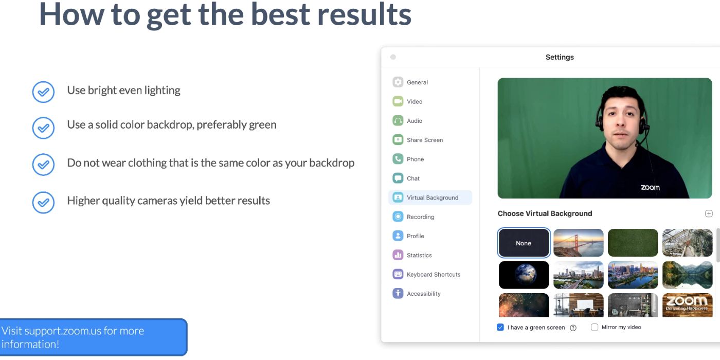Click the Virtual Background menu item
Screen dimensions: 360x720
432,197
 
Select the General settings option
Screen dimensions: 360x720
417,82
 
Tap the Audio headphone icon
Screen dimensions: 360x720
398,121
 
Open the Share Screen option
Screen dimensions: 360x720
424,140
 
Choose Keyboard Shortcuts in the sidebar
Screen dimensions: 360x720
433,275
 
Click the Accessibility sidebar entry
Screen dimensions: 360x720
423,294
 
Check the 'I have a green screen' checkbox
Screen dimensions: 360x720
500,327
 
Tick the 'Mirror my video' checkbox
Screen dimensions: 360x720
595,327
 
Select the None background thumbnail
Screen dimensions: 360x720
524,243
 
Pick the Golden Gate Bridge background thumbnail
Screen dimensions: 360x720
579,243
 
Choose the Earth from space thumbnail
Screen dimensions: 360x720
524,275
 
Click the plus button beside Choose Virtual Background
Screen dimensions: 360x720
709,213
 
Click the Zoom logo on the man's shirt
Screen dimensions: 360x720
650,187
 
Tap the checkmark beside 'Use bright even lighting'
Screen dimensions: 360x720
43,93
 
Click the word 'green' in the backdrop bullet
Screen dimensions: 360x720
262,125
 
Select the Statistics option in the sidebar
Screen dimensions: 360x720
419,255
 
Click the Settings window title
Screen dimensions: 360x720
560,57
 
